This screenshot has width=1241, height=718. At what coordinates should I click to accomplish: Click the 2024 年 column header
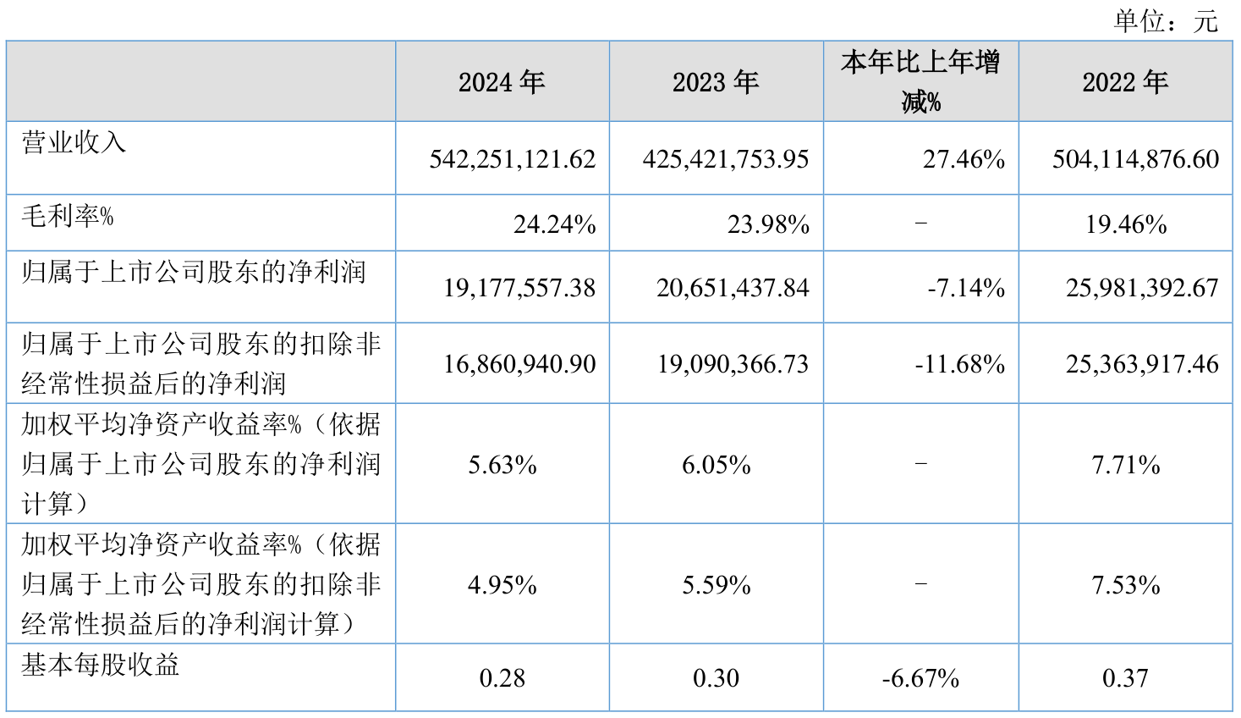click(502, 82)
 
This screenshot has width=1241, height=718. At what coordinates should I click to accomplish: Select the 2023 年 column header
click(716, 82)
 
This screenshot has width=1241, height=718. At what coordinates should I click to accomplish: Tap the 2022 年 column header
click(1125, 82)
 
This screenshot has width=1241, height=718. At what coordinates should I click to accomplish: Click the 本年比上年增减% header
click(920, 82)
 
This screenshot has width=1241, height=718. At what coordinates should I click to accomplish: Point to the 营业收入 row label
click(74, 142)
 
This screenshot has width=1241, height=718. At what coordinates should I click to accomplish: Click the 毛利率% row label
click(68, 216)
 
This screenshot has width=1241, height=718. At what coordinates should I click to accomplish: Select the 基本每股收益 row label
click(101, 665)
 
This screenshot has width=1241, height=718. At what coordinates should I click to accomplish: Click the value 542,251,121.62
click(513, 159)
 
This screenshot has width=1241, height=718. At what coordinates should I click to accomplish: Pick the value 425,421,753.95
click(726, 159)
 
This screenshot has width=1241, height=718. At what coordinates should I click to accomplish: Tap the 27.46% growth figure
click(964, 159)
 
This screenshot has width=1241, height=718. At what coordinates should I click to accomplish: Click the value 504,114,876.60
click(1135, 159)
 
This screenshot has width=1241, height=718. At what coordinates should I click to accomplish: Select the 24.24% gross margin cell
click(554, 224)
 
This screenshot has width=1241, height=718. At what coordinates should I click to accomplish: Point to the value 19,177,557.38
click(519, 288)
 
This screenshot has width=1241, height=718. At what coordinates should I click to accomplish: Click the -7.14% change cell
click(966, 288)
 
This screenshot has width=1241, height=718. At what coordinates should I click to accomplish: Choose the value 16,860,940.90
click(519, 364)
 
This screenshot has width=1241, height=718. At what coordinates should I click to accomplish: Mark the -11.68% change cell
click(960, 364)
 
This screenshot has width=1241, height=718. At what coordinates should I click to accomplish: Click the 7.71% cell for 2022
click(1126, 465)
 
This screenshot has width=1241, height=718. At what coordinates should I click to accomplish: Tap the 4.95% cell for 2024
click(502, 585)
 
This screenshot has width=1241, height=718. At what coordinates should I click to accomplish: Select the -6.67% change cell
click(920, 678)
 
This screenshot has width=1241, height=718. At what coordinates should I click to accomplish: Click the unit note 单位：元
click(1166, 20)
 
